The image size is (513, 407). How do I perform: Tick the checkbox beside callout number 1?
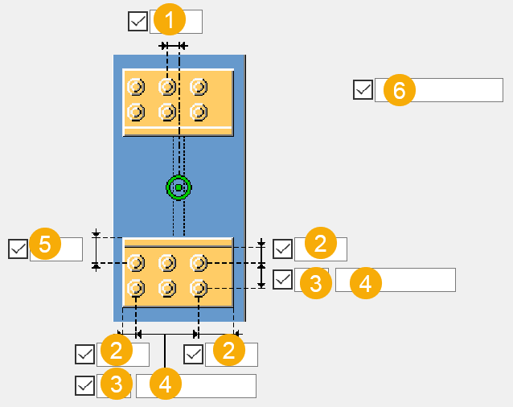[x=137, y=21]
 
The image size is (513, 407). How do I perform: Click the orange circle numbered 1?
[x=168, y=18]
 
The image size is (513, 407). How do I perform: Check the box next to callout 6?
[x=363, y=89]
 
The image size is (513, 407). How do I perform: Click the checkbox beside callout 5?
[x=18, y=249]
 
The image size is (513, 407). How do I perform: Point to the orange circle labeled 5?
[x=45, y=245]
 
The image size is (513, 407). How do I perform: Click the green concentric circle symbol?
[x=178, y=187]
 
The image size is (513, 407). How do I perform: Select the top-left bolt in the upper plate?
[x=136, y=86]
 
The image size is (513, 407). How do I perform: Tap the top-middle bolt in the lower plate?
[x=167, y=262]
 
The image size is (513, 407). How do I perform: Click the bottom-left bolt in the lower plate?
[x=136, y=287]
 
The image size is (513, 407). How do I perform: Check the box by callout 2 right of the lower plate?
[x=283, y=249]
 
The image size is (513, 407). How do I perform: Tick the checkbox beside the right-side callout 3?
[x=283, y=279]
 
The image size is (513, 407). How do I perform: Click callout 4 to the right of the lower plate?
[x=364, y=283]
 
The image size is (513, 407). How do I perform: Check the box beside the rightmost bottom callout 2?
[x=193, y=354]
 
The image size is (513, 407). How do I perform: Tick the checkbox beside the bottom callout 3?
[x=84, y=385]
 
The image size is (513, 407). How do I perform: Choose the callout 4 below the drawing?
[x=165, y=384]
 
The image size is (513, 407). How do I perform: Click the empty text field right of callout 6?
[x=458, y=90]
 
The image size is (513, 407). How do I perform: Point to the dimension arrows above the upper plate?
[x=173, y=47]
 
